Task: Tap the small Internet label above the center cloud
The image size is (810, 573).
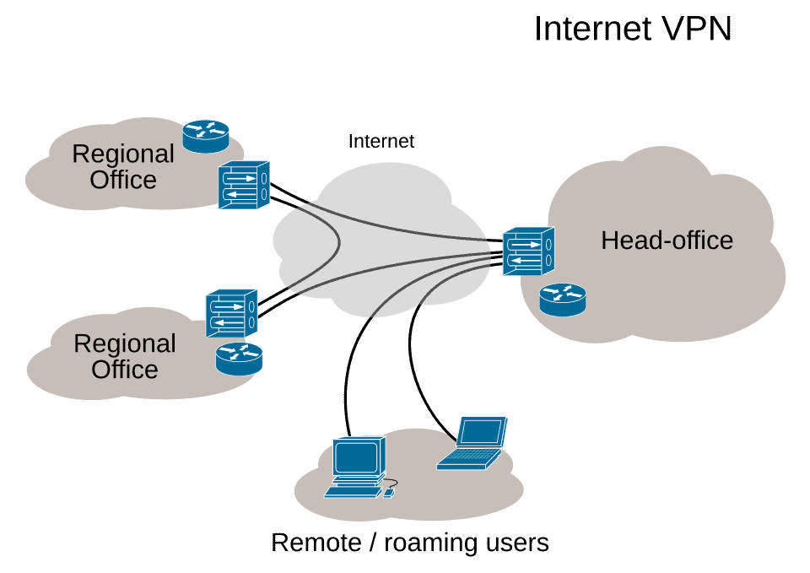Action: coord(381,141)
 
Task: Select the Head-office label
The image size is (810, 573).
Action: coord(667,241)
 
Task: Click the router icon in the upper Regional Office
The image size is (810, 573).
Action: coord(206,135)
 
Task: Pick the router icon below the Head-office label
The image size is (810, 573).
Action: coord(563,300)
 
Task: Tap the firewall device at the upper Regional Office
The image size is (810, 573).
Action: coord(244,186)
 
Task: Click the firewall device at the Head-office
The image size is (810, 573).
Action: coord(529,251)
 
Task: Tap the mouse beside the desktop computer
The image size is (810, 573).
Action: coord(388,491)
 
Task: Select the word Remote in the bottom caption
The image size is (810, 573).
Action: coord(315,542)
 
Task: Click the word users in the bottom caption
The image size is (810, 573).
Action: coord(515,542)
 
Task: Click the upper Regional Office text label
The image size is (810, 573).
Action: coord(123,166)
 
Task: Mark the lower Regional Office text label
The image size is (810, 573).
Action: coord(125,356)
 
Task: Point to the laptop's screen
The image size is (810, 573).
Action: coord(482,432)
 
